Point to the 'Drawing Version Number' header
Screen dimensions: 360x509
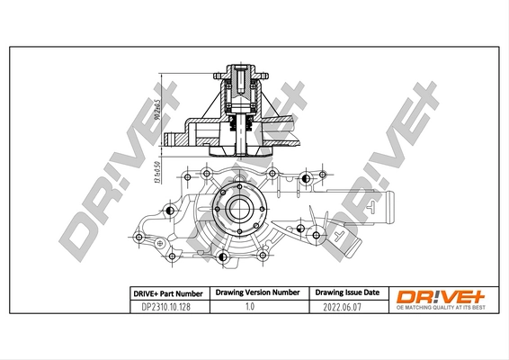(255, 293)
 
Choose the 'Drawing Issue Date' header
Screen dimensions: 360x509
(346, 293)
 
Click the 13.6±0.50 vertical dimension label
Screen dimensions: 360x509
(156, 168)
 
